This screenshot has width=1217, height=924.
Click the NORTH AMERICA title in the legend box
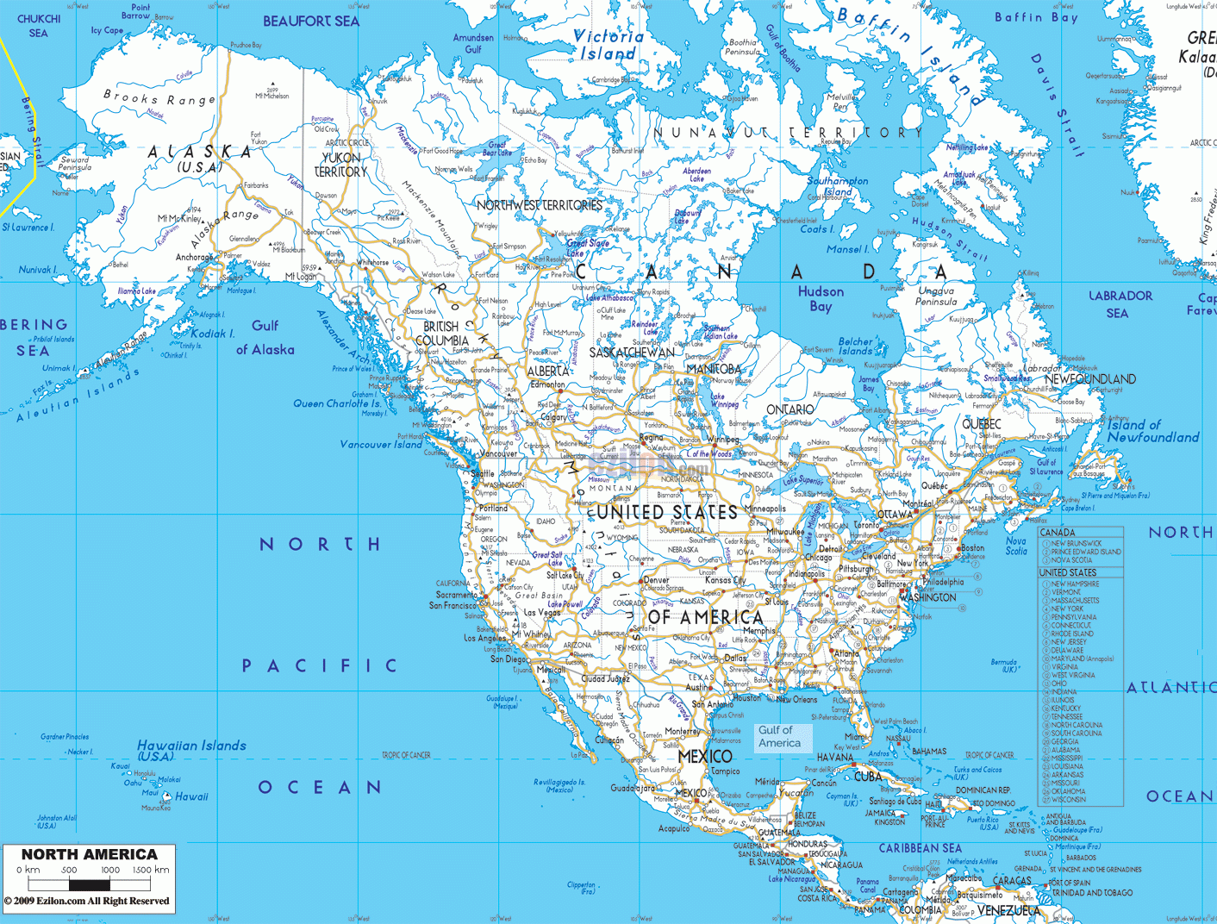pyautogui.click(x=90, y=854)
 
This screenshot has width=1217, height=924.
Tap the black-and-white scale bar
pyautogui.click(x=90, y=884)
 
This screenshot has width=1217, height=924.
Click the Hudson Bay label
pyautogui.click(x=821, y=298)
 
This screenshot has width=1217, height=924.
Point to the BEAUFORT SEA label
pyautogui.click(x=310, y=22)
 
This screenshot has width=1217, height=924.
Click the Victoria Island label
pyautogui.click(x=608, y=45)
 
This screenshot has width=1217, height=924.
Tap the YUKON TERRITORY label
pyautogui.click(x=341, y=165)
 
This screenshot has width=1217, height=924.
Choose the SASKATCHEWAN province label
pyautogui.click(x=632, y=353)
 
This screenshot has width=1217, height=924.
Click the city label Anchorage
pyautogui.click(x=194, y=257)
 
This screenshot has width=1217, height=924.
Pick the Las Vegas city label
pyautogui.click(x=543, y=613)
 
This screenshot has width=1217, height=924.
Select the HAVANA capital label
pyautogui.click(x=834, y=758)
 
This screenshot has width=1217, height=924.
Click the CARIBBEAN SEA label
pyautogui.click(x=920, y=849)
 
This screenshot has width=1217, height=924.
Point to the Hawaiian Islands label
pyautogui.click(x=191, y=750)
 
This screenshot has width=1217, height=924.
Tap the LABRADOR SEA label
pyautogui.click(x=1120, y=303)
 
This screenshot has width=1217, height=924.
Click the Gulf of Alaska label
pyautogui.click(x=265, y=337)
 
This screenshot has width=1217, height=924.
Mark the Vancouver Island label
pyautogui.click(x=381, y=445)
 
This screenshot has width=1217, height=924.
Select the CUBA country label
pyautogui.click(x=868, y=777)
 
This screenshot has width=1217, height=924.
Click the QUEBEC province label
pyautogui.click(x=982, y=424)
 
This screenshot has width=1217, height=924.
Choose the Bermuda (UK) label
pyautogui.click(x=1003, y=665)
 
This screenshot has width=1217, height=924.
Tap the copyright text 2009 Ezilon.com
pyautogui.click(x=86, y=902)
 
